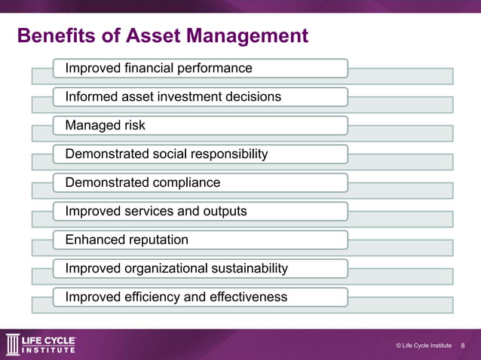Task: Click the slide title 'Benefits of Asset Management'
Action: (162, 36)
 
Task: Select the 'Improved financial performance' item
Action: (158, 69)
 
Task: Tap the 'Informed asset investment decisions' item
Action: (173, 97)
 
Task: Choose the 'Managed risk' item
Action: (105, 126)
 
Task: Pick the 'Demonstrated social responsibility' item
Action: (166, 154)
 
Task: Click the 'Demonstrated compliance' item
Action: (142, 183)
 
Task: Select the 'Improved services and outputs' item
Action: (155, 212)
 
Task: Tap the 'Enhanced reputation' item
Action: (127, 240)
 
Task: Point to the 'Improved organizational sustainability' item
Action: (176, 269)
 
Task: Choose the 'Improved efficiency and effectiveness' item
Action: (176, 297)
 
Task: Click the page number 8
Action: (463, 346)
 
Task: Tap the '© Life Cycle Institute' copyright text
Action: (423, 346)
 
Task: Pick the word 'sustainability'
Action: (248, 269)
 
